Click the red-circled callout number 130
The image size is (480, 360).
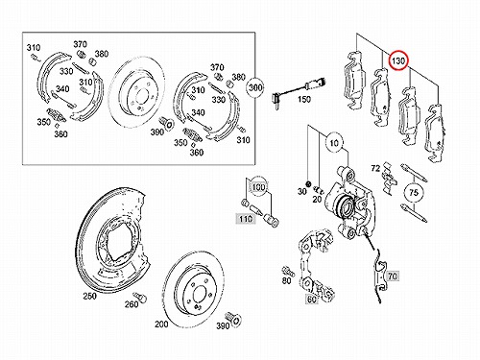398,60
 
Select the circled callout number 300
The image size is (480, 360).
255,87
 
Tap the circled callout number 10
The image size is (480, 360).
334,143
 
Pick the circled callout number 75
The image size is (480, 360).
414,193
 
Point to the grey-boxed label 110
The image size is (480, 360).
246,219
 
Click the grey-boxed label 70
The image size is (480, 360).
393,276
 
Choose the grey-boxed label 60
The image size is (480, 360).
312,300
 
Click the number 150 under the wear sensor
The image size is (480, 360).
303,99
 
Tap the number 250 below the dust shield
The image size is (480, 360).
89,297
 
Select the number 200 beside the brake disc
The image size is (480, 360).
161,324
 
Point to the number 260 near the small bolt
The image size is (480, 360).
132,304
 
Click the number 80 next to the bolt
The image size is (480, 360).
286,280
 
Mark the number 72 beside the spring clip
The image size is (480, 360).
375,168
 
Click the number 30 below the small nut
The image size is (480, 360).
302,191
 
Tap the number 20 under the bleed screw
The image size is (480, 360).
317,199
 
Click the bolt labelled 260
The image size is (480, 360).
139,296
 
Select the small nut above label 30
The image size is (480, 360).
308,184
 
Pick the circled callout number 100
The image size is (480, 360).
258,187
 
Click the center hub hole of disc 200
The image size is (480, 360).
198,293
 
